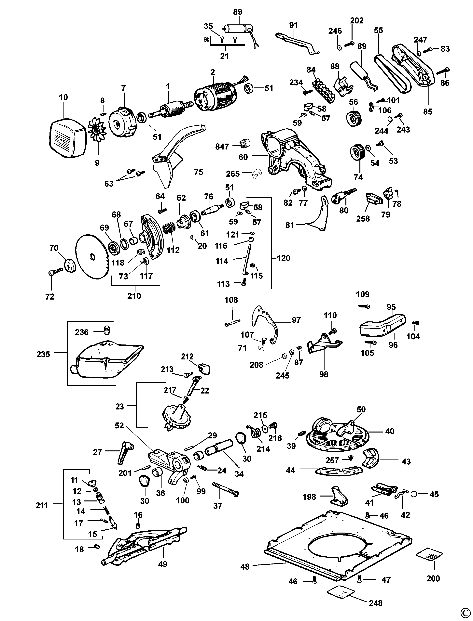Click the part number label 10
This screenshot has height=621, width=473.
click(63, 97)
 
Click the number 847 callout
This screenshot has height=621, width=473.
click(222, 147)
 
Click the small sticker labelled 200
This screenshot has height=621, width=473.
click(429, 554)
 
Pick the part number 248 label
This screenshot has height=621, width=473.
click(376, 603)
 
